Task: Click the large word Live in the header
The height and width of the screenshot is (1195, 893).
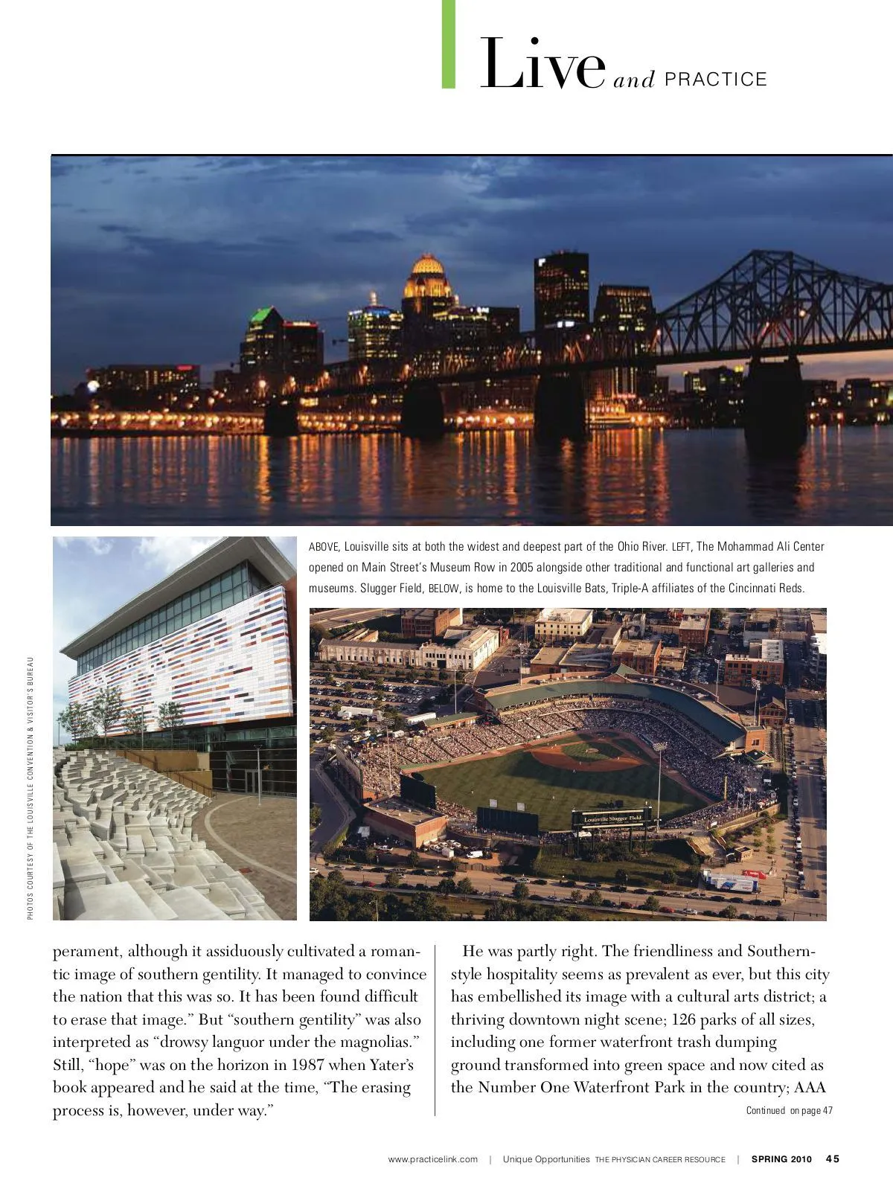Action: [542, 65]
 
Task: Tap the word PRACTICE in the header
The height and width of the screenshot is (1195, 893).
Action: [715, 80]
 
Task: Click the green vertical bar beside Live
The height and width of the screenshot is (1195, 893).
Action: [449, 45]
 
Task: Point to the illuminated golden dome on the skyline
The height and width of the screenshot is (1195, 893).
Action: [427, 266]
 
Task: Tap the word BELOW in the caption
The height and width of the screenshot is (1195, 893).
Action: [444, 589]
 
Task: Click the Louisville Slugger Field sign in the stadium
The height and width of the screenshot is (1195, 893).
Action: [612, 818]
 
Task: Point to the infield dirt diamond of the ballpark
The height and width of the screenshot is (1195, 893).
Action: [588, 756]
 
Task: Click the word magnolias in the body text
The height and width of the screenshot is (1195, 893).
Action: [377, 1042]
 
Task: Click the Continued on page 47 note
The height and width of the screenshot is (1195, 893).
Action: [789, 1111]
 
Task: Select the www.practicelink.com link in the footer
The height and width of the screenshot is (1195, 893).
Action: [433, 1159]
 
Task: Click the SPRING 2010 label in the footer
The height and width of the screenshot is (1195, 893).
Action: [781, 1159]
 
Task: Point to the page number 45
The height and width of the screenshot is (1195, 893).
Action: [833, 1159]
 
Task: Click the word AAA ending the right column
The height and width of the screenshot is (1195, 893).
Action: [810, 1088]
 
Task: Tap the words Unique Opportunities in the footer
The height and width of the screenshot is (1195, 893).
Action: [546, 1159]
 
